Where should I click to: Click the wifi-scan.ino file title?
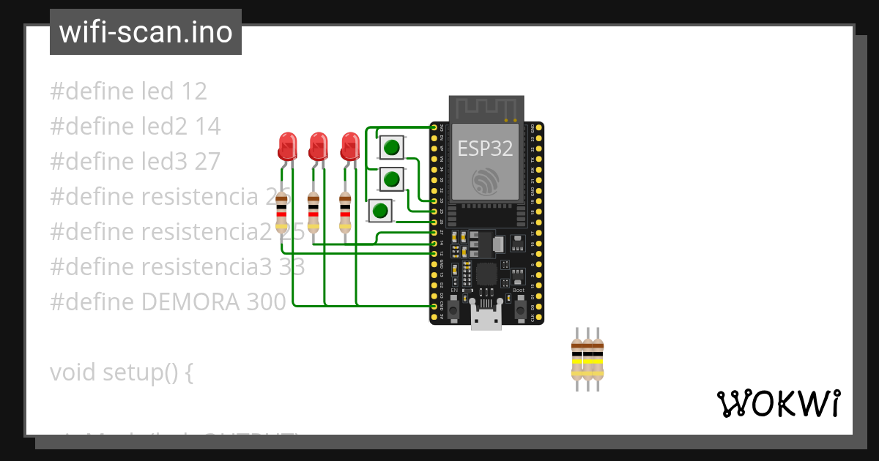coord(146,32)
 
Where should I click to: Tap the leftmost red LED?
coord(287,146)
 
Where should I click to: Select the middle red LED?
coord(318,146)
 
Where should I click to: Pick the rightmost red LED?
coord(350,146)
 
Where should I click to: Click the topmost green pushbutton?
coord(391,148)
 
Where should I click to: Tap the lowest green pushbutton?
coord(380,212)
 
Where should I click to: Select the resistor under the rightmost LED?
coord(345,212)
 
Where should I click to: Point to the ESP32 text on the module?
coord(485,149)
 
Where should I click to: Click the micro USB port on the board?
coord(486,319)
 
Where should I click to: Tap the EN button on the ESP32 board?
coord(454,310)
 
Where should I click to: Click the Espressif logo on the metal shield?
coord(486,181)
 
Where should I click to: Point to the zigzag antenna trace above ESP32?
coord(486,108)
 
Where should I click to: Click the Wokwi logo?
coord(778,404)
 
